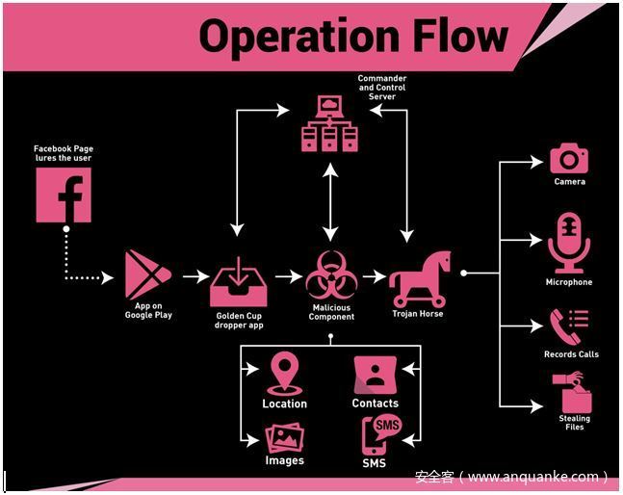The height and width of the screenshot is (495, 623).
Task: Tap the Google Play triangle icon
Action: (x=147, y=274)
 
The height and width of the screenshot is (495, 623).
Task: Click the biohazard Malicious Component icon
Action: (x=331, y=275)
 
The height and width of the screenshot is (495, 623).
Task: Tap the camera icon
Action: (x=569, y=158)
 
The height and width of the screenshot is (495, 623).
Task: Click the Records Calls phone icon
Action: (x=569, y=326)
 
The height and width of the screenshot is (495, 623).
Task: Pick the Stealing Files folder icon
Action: (x=572, y=393)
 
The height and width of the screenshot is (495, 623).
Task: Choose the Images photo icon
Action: (x=285, y=439)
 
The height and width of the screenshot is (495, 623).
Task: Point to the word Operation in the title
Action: (x=295, y=37)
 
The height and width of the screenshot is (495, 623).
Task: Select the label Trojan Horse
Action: (x=418, y=314)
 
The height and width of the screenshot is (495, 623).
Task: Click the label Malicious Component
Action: (x=331, y=312)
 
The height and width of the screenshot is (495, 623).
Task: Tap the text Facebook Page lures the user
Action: (x=64, y=153)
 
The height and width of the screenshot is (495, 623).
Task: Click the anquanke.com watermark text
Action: (x=511, y=477)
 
